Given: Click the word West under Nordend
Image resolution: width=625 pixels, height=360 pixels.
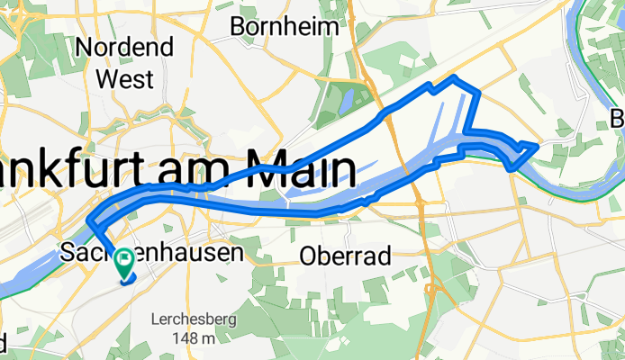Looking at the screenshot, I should click(x=124, y=78).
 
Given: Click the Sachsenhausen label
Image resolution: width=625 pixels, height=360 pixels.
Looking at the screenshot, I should click(x=151, y=254).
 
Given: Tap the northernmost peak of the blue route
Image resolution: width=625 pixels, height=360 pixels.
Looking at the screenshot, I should click(x=456, y=78).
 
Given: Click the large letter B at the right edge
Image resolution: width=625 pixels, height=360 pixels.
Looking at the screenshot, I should click(x=618, y=119).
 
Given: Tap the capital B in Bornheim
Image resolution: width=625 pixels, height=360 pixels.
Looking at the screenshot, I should click(x=238, y=27).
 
